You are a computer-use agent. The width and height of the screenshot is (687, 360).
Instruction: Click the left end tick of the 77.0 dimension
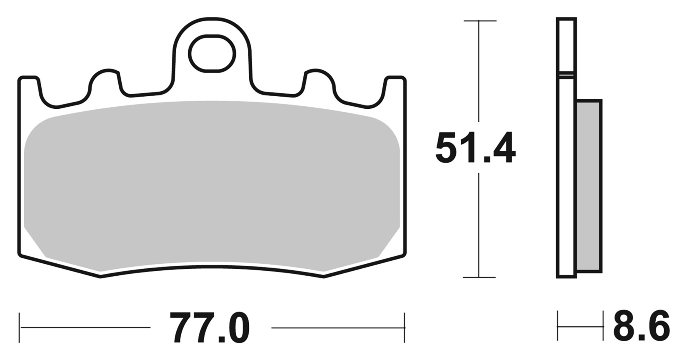point(20,327)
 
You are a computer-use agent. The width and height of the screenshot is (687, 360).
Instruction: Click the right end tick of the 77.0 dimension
point(404,327)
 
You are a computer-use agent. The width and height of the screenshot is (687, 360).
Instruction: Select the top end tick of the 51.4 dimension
point(479,21)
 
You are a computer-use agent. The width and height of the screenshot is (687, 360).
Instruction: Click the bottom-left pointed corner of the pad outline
point(100,276)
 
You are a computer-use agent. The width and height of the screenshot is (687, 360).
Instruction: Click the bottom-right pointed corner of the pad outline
point(324,276)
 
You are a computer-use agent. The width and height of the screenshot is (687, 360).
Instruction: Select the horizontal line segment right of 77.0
point(336,328)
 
